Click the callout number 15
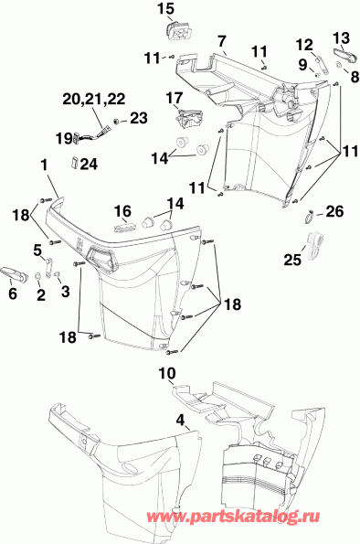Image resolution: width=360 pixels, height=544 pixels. [165, 10]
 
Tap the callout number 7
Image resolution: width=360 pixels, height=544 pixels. [221, 40]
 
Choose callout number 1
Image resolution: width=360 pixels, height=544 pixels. [43, 165]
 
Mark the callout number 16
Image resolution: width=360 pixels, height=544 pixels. [122, 209]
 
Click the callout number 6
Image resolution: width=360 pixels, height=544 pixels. [13, 294]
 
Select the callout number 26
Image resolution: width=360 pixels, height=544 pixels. [335, 212]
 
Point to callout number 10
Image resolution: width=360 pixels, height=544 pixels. [165, 372]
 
